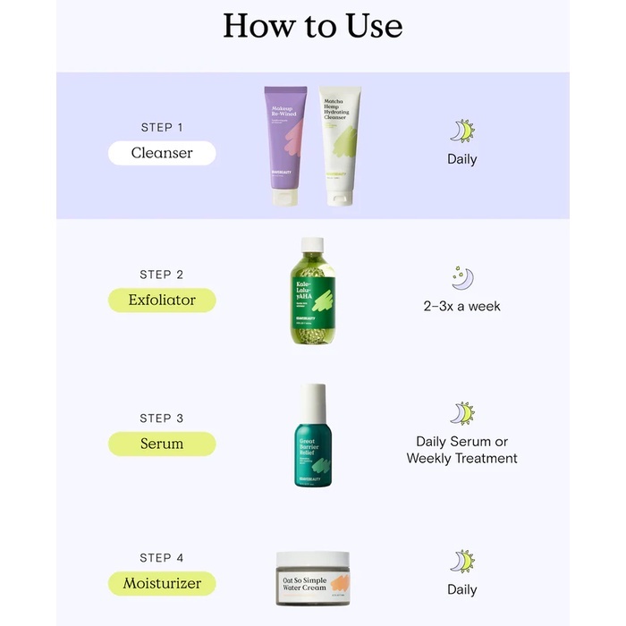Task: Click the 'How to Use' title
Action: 312,25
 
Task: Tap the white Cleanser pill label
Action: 162,153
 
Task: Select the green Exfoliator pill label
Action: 162,300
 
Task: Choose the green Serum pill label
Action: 162,444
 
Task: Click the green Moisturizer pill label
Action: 162,584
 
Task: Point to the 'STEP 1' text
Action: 162,128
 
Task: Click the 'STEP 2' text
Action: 162,275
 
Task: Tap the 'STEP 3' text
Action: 162,418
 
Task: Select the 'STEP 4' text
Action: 162,558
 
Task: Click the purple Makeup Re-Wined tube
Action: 285,143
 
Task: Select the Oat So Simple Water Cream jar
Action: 312,579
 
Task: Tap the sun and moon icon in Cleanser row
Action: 461,131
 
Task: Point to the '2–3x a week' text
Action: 461,306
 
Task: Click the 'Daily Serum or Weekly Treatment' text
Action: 461,450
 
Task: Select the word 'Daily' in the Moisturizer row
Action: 461,589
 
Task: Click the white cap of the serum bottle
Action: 313,401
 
